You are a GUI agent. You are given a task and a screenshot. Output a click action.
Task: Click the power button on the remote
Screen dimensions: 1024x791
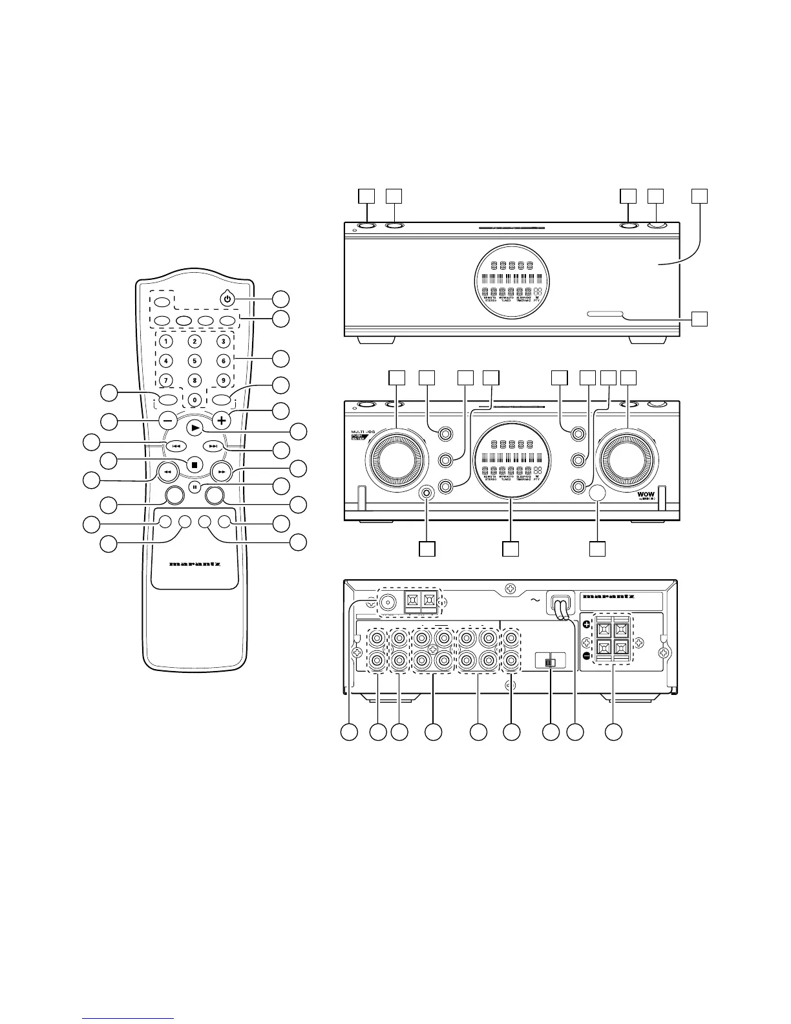click(x=226, y=299)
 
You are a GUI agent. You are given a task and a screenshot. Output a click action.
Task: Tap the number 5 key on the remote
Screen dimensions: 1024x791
click(x=195, y=361)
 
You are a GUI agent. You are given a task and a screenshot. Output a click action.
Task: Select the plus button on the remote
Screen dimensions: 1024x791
click(x=222, y=420)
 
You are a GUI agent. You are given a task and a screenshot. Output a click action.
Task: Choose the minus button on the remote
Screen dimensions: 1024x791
click(x=167, y=420)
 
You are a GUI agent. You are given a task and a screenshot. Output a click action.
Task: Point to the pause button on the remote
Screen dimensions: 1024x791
click(x=195, y=485)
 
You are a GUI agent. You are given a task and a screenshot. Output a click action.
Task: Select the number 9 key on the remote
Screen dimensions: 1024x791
click(x=222, y=380)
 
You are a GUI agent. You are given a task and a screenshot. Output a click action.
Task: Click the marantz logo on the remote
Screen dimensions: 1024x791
click(x=195, y=564)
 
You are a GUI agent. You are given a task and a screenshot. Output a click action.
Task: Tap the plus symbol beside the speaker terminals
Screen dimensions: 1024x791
click(x=587, y=624)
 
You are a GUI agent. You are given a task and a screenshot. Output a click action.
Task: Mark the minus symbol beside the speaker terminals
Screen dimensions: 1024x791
click(x=587, y=656)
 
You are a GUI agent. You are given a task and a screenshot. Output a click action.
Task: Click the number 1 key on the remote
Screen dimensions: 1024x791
click(x=167, y=341)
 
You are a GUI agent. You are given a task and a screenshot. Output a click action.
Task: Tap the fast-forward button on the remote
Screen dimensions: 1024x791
click(x=222, y=473)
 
